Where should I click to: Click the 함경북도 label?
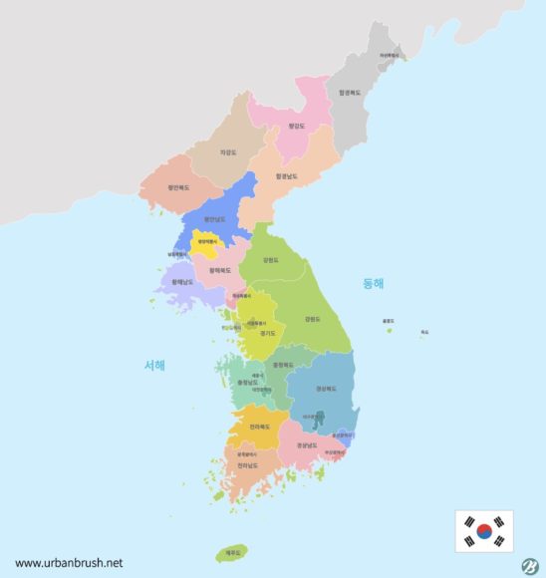tap(349, 93)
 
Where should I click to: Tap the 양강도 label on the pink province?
tap(294, 127)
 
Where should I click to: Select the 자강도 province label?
tap(228, 152)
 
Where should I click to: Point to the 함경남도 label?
tap(287, 176)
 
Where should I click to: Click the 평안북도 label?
tap(178, 187)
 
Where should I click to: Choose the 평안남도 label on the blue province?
tap(214, 219)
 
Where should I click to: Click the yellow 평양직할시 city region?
tap(206, 242)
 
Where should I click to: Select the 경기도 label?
tap(267, 334)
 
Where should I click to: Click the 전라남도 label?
tap(246, 464)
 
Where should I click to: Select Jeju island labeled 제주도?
tap(233, 552)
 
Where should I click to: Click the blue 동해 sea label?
tap(373, 283)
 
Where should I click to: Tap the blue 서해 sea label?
tap(154, 365)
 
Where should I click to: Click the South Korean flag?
tap(484, 530)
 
